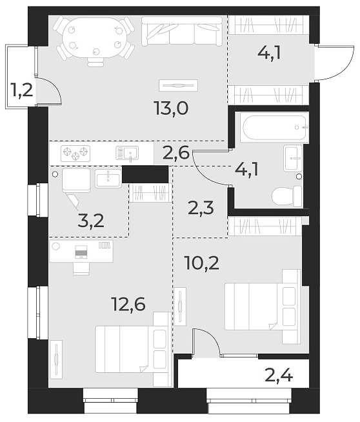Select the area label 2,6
tap(175, 153)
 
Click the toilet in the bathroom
tap(288, 196)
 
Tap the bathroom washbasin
tap(292, 157)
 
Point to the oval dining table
tap(94, 35)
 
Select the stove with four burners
tap(74, 154)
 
